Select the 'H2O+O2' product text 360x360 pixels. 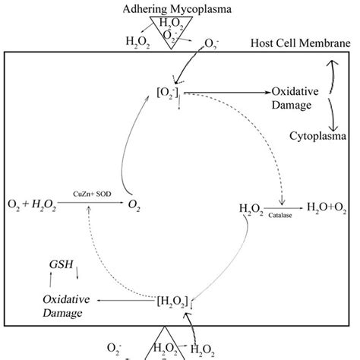328,207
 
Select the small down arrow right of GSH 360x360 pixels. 77,271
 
